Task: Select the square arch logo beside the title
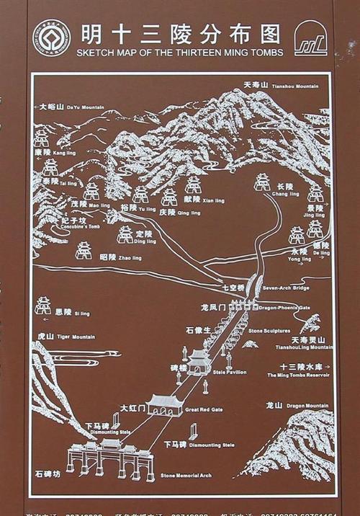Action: coord(311,39)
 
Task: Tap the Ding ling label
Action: coord(143,237)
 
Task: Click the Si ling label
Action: coord(72,313)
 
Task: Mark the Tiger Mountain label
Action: coord(66,337)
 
